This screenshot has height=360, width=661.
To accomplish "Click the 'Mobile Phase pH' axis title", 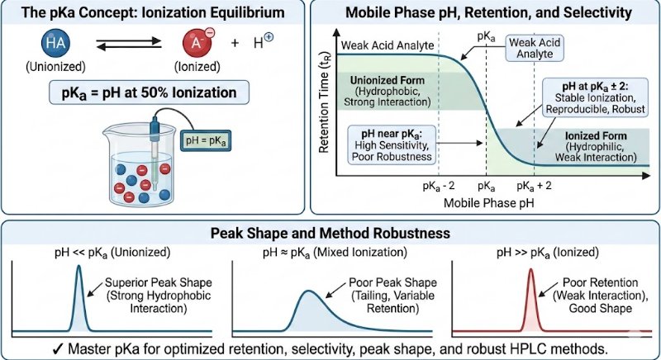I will coord(483,201).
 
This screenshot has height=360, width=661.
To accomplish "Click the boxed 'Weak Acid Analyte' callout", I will coord(535,47).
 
